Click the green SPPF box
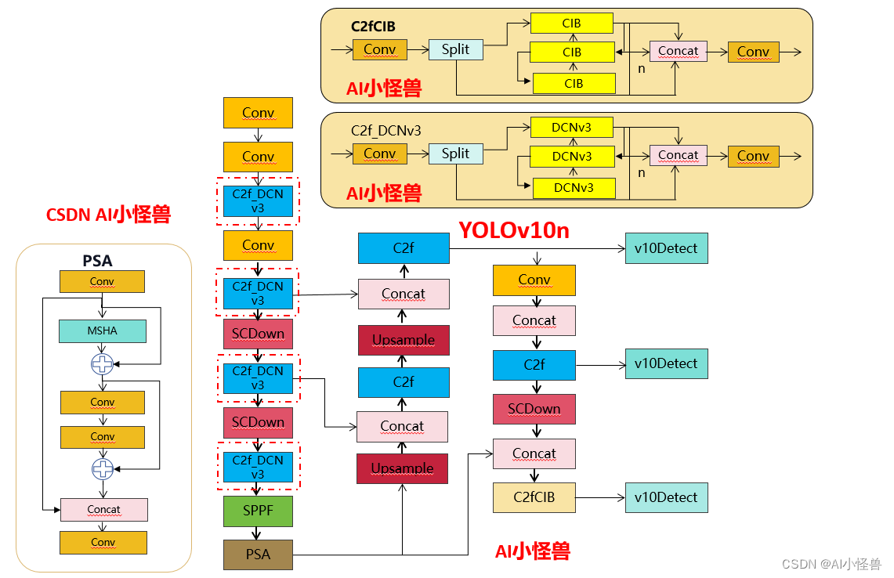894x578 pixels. click(258, 511)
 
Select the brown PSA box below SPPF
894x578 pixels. click(258, 555)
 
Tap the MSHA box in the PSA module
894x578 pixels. click(102, 331)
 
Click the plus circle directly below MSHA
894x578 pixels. click(103, 363)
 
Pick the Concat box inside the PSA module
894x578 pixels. click(103, 509)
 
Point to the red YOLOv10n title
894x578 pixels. click(513, 230)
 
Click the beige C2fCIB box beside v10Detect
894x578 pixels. click(534, 497)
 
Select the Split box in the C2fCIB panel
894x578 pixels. click(455, 49)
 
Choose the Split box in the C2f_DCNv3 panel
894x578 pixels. click(455, 154)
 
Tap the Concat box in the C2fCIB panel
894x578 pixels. click(678, 51)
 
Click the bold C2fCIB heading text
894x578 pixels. click(373, 27)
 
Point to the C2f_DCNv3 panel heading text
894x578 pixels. click(385, 131)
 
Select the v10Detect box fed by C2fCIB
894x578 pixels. click(666, 497)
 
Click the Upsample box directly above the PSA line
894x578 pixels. click(402, 468)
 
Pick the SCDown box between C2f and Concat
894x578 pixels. click(534, 409)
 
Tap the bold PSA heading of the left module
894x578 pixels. click(98, 261)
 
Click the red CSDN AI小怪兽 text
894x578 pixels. click(108, 215)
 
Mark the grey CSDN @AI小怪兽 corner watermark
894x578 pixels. click(831, 564)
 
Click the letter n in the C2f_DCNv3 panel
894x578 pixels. click(641, 172)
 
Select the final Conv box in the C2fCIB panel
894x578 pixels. click(753, 52)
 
